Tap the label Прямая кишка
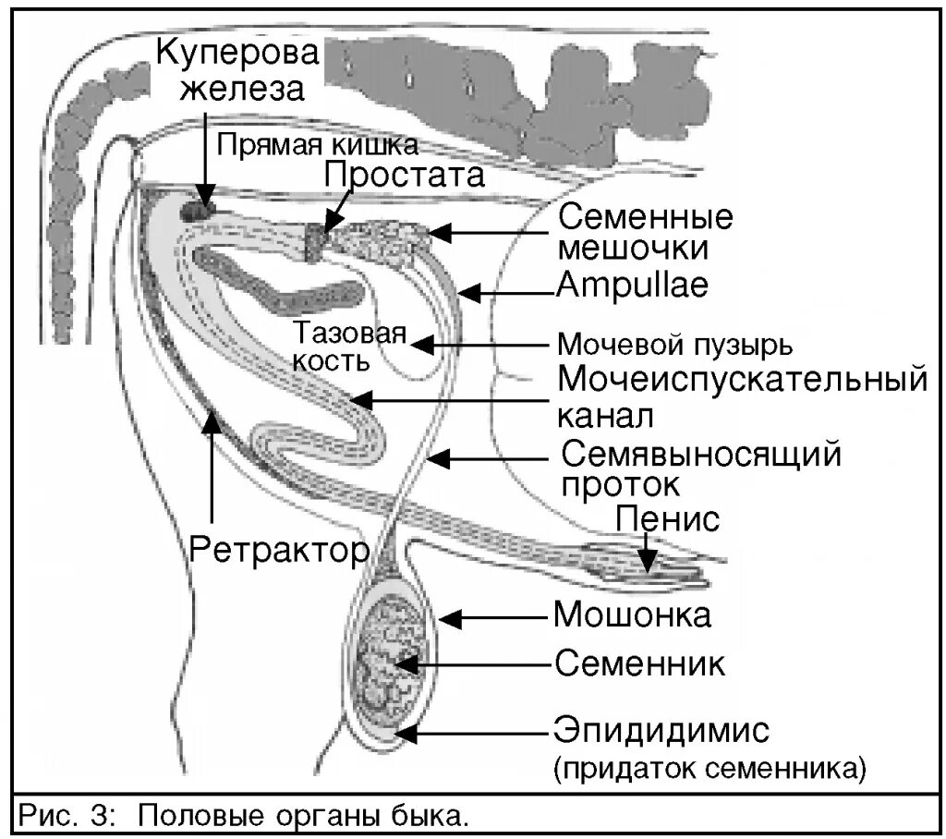pos(318,145)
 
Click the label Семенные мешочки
pos(646,232)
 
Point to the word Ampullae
pos(632,286)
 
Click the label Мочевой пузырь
pos(674,345)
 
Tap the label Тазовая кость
pos(349,346)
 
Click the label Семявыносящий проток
pos(701,468)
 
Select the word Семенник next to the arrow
pos(638,663)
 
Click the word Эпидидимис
pos(661,733)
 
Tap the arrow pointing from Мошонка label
pos(494,616)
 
